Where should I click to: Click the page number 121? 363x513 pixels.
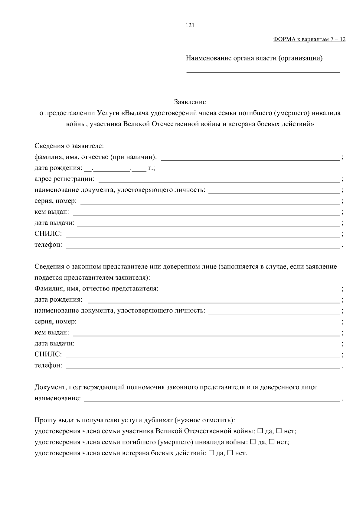pyautogui.click(x=190, y=25)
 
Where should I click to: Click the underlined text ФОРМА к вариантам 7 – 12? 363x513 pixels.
pyautogui.click(x=309, y=39)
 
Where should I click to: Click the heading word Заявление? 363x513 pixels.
pyautogui.click(x=190, y=102)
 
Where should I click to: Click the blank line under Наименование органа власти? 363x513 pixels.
pyautogui.click(x=263, y=72)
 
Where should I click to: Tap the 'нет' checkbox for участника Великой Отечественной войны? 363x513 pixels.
pyautogui.click(x=279, y=431)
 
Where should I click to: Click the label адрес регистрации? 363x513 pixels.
pyautogui.click(x=64, y=179)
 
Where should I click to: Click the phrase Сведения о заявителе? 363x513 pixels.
pyautogui.click(x=69, y=146)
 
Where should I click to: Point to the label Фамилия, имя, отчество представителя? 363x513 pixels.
pyautogui.click(x=96, y=288)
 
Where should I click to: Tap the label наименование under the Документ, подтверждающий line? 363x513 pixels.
pyautogui.click(x=57, y=398)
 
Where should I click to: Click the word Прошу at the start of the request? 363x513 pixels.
pyautogui.click(x=43, y=420)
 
